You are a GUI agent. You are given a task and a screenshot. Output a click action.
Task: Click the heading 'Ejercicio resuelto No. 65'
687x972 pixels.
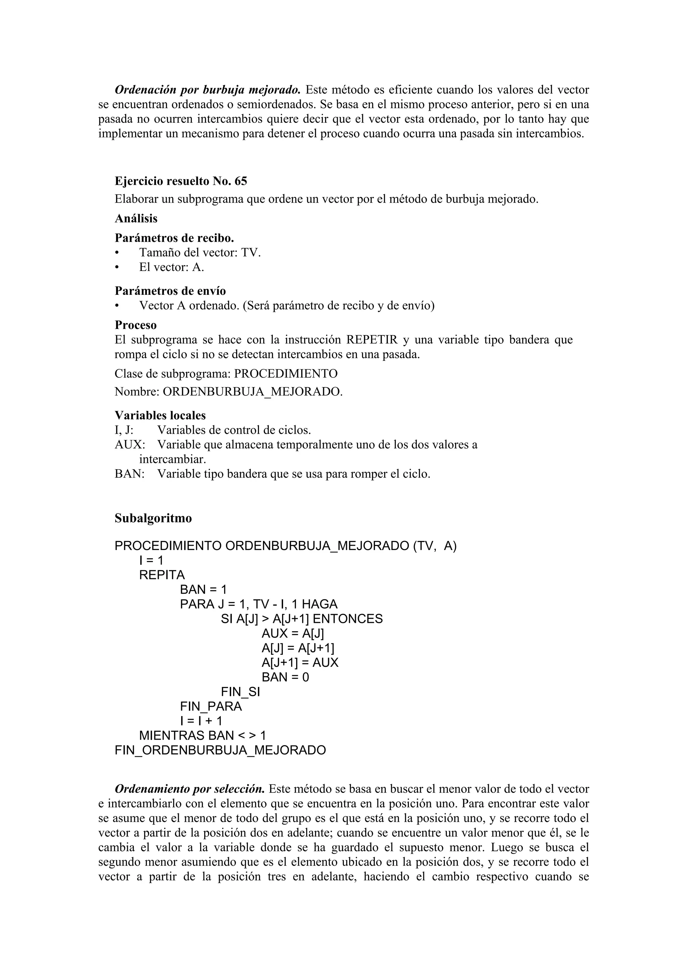(x=181, y=181)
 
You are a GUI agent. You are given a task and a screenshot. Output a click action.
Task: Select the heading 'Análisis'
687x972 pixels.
(x=136, y=218)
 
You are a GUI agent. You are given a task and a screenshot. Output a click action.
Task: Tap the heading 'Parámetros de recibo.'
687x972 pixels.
(x=174, y=238)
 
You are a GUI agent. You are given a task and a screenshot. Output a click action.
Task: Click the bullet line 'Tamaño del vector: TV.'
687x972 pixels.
(x=200, y=253)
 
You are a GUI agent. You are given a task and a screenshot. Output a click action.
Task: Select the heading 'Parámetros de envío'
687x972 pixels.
(x=170, y=291)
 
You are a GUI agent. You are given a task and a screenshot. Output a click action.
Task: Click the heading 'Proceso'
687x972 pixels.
(x=136, y=325)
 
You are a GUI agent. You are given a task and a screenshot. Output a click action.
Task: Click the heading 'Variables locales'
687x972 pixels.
(x=160, y=415)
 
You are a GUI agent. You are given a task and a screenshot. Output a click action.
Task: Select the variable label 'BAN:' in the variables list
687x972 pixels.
(x=129, y=474)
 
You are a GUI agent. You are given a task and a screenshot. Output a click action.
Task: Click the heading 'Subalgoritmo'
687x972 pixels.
(x=153, y=518)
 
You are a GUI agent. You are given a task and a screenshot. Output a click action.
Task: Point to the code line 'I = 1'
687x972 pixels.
(x=151, y=560)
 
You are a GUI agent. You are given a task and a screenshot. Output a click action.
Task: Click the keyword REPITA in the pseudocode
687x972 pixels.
(x=162, y=575)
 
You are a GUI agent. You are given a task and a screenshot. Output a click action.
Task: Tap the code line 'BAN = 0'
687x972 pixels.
(x=285, y=678)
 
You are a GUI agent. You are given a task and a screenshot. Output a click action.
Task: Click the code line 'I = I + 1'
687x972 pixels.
(x=201, y=721)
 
